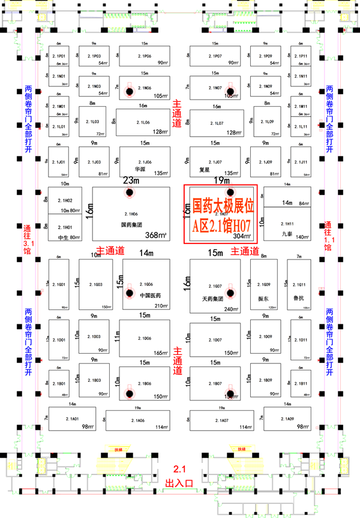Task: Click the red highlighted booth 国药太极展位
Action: point(220,214)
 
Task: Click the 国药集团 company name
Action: point(130,225)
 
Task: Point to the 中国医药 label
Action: point(151,294)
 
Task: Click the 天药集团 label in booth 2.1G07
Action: point(211,297)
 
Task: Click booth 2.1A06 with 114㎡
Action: point(140,420)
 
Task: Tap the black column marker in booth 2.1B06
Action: point(128,393)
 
